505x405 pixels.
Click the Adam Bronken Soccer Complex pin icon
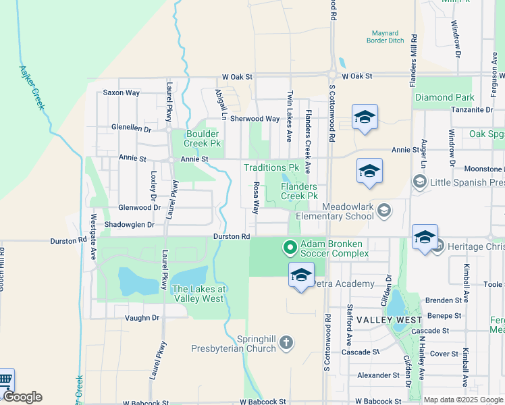(x=290, y=248)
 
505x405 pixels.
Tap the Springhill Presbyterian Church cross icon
(x=286, y=343)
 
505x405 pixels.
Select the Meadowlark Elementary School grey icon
(x=384, y=211)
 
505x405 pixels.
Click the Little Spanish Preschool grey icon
(x=419, y=182)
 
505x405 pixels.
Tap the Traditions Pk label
(x=271, y=167)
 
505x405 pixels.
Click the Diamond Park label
(x=444, y=98)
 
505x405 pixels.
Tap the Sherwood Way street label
(x=255, y=119)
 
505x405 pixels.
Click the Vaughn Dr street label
(x=142, y=317)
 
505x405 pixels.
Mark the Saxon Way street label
(x=122, y=92)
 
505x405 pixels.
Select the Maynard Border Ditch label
(x=388, y=36)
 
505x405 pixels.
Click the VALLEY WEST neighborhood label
(x=389, y=319)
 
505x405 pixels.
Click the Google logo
(x=22, y=397)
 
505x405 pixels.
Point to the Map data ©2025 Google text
(x=462, y=400)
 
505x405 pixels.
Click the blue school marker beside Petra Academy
(x=301, y=275)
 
